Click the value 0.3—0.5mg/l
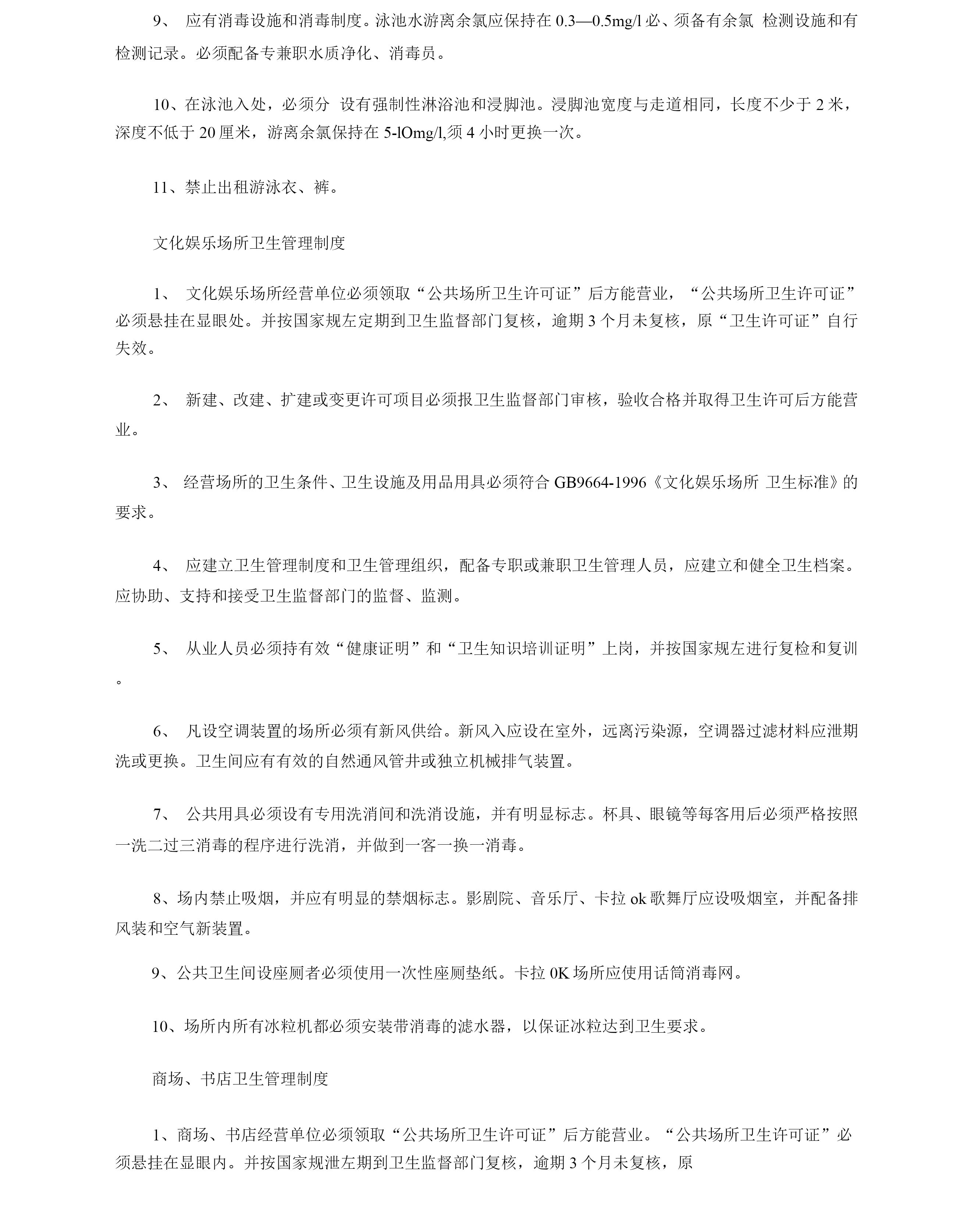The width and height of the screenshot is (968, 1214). click(x=599, y=21)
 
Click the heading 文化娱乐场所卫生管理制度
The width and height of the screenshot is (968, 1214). click(x=249, y=243)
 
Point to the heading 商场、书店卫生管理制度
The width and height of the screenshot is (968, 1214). click(x=240, y=1079)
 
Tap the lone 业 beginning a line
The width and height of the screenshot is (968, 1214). click(x=123, y=430)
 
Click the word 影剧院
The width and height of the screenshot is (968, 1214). click(x=490, y=898)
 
